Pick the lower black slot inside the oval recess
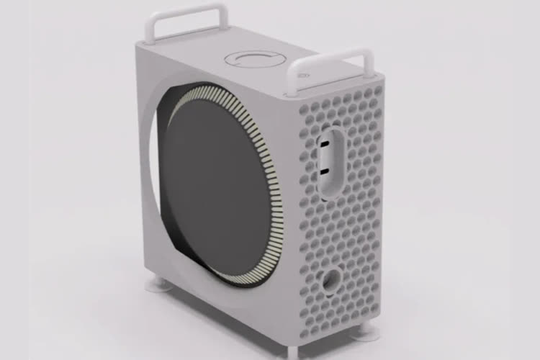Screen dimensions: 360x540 tap(326, 172)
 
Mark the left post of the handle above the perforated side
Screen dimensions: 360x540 tap(294, 79)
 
